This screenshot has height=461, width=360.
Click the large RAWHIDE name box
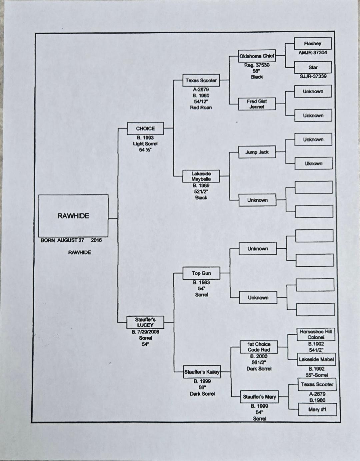click(x=73, y=216)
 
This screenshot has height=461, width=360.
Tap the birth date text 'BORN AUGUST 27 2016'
click(x=71, y=240)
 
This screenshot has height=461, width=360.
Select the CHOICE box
click(x=145, y=129)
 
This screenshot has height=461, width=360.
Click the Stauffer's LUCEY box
click(x=145, y=322)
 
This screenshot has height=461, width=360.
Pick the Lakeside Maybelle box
click(x=201, y=176)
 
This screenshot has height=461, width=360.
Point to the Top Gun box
click(x=201, y=273)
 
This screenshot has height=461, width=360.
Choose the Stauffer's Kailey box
click(x=202, y=372)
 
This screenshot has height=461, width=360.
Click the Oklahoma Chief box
click(x=257, y=56)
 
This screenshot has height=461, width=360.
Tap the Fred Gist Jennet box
click(x=257, y=104)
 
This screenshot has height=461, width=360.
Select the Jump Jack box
click(x=257, y=152)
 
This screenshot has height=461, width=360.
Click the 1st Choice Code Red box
click(x=259, y=347)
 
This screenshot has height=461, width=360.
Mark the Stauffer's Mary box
click(x=259, y=397)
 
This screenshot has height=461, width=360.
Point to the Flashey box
click(x=313, y=44)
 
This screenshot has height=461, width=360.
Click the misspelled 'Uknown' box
click(x=314, y=163)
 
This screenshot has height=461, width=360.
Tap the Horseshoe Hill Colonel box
click(x=316, y=334)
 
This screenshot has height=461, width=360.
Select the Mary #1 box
click(x=317, y=409)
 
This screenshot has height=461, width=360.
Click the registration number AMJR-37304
click(x=313, y=53)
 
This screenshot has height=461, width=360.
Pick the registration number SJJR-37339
click(x=313, y=76)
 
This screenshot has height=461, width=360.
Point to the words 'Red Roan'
click(x=201, y=108)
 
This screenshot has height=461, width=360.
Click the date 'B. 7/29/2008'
click(x=145, y=332)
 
